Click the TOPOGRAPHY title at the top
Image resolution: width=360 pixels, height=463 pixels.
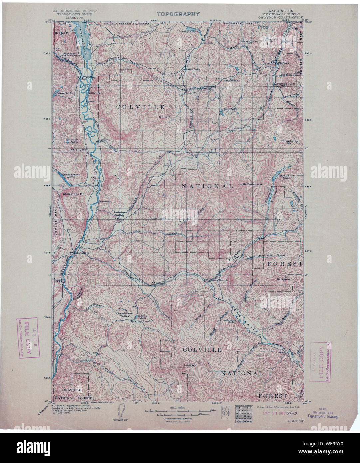coord(178,14)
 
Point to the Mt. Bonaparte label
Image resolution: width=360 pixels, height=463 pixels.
coord(251,184)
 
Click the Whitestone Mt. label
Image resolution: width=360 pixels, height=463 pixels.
coord(72,194)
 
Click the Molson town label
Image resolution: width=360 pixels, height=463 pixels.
coord(208,43)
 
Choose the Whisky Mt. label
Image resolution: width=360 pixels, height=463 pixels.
coord(78,150)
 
